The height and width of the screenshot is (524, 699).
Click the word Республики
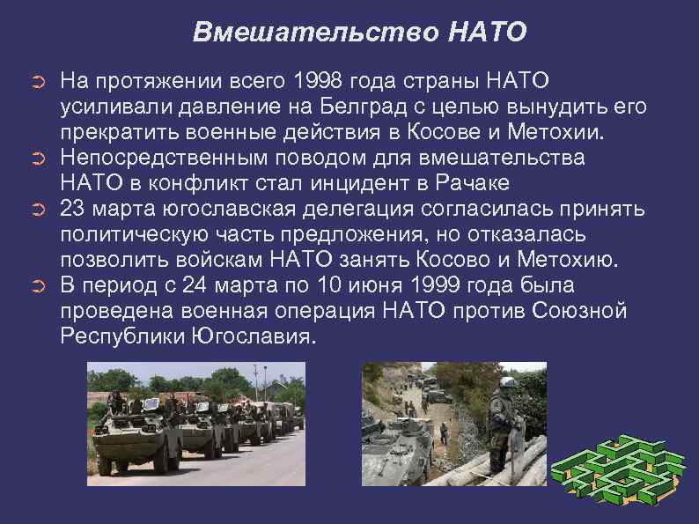click(116, 337)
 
